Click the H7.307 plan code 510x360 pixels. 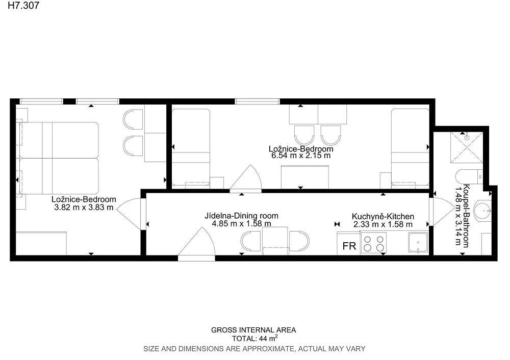click(23, 6)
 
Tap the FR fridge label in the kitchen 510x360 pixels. click(349, 246)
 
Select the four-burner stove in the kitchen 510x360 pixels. click(373, 243)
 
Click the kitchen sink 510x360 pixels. click(418, 243)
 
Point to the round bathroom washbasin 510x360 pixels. click(482, 211)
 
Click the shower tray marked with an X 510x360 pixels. click(467, 147)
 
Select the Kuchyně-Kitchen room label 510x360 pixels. click(383, 217)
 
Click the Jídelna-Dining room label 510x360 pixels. click(241, 216)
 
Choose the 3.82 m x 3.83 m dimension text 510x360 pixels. click(84, 208)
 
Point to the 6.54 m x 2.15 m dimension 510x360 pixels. click(301, 156)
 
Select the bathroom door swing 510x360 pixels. click(442, 212)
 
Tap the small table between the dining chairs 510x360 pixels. click(275, 241)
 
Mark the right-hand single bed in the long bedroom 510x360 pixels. click(410, 148)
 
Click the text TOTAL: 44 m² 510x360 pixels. click(254, 338)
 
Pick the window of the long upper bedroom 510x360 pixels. click(257, 101)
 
